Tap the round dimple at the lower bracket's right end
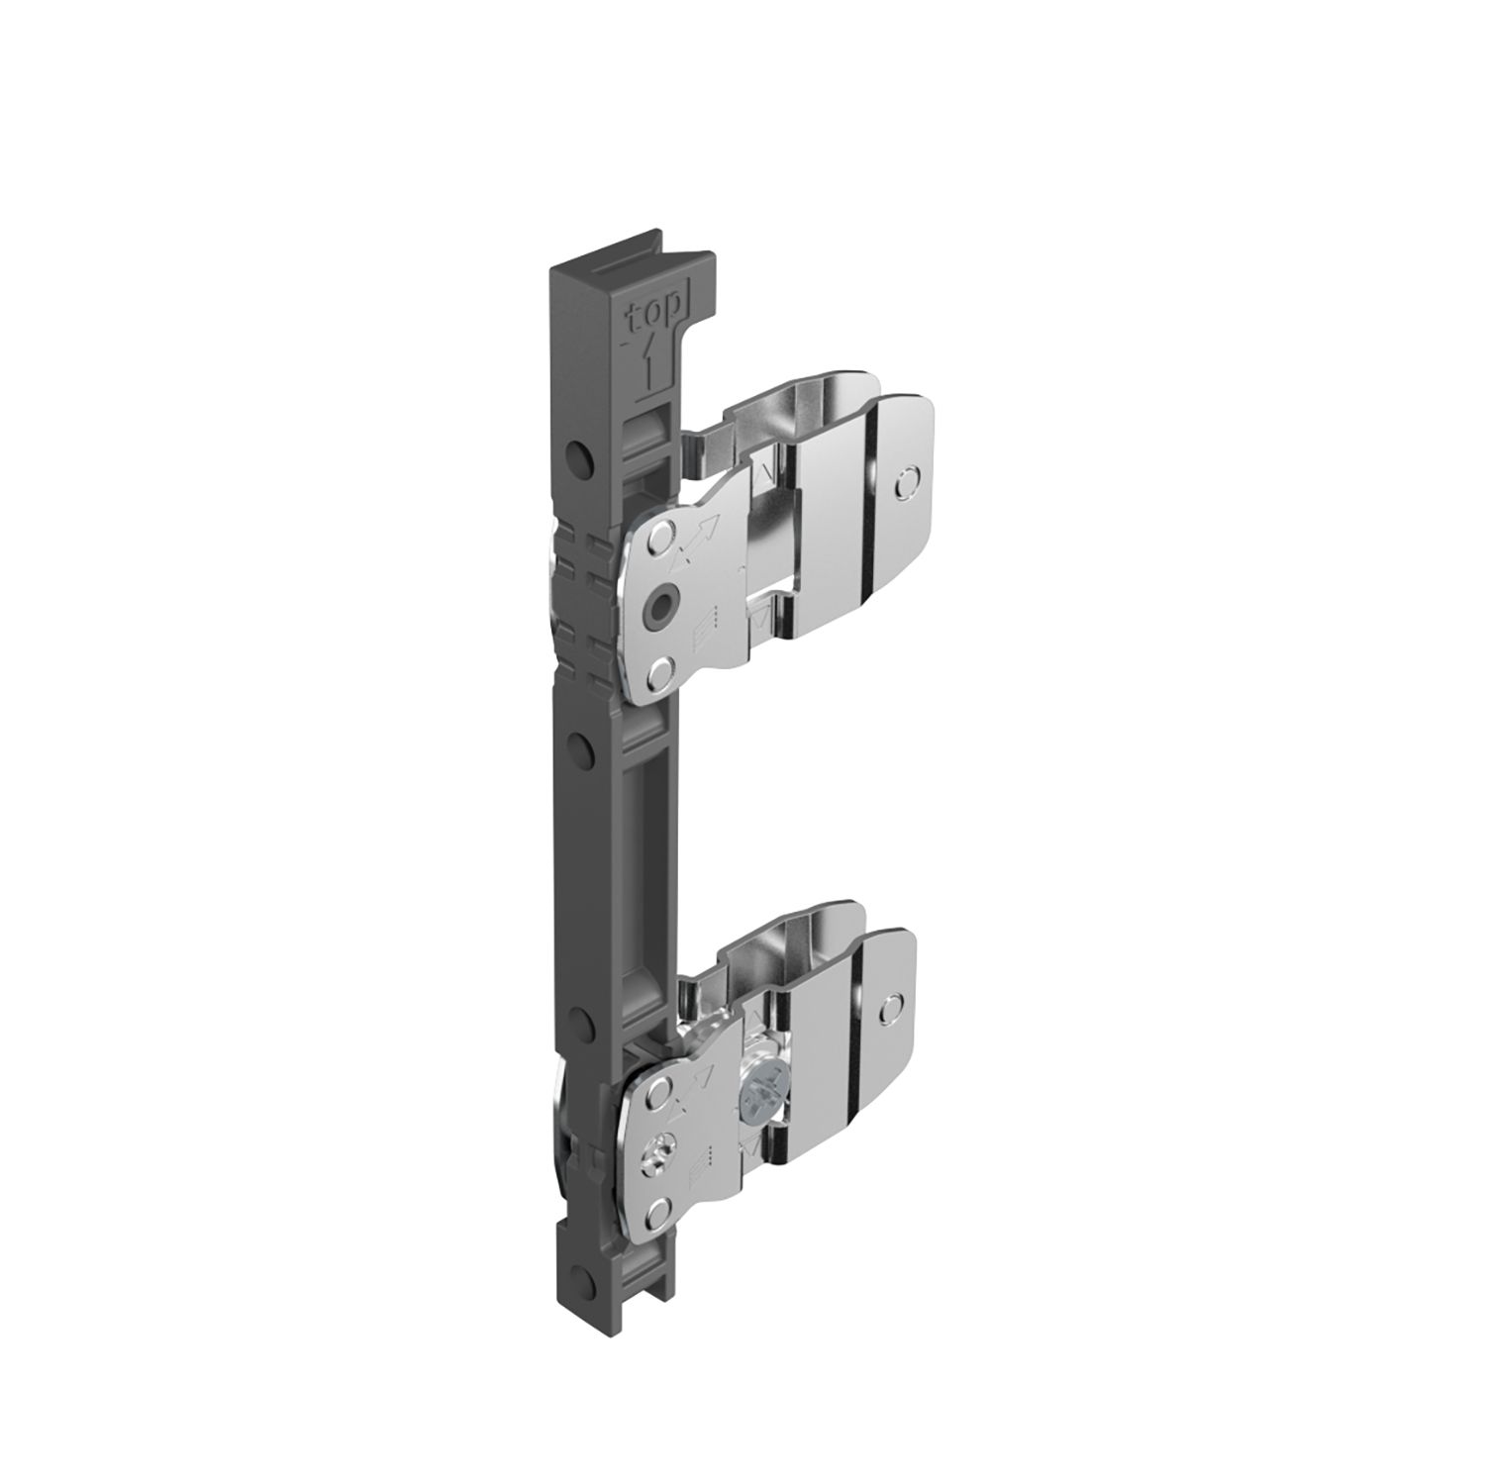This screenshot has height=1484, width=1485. [892, 1006]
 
